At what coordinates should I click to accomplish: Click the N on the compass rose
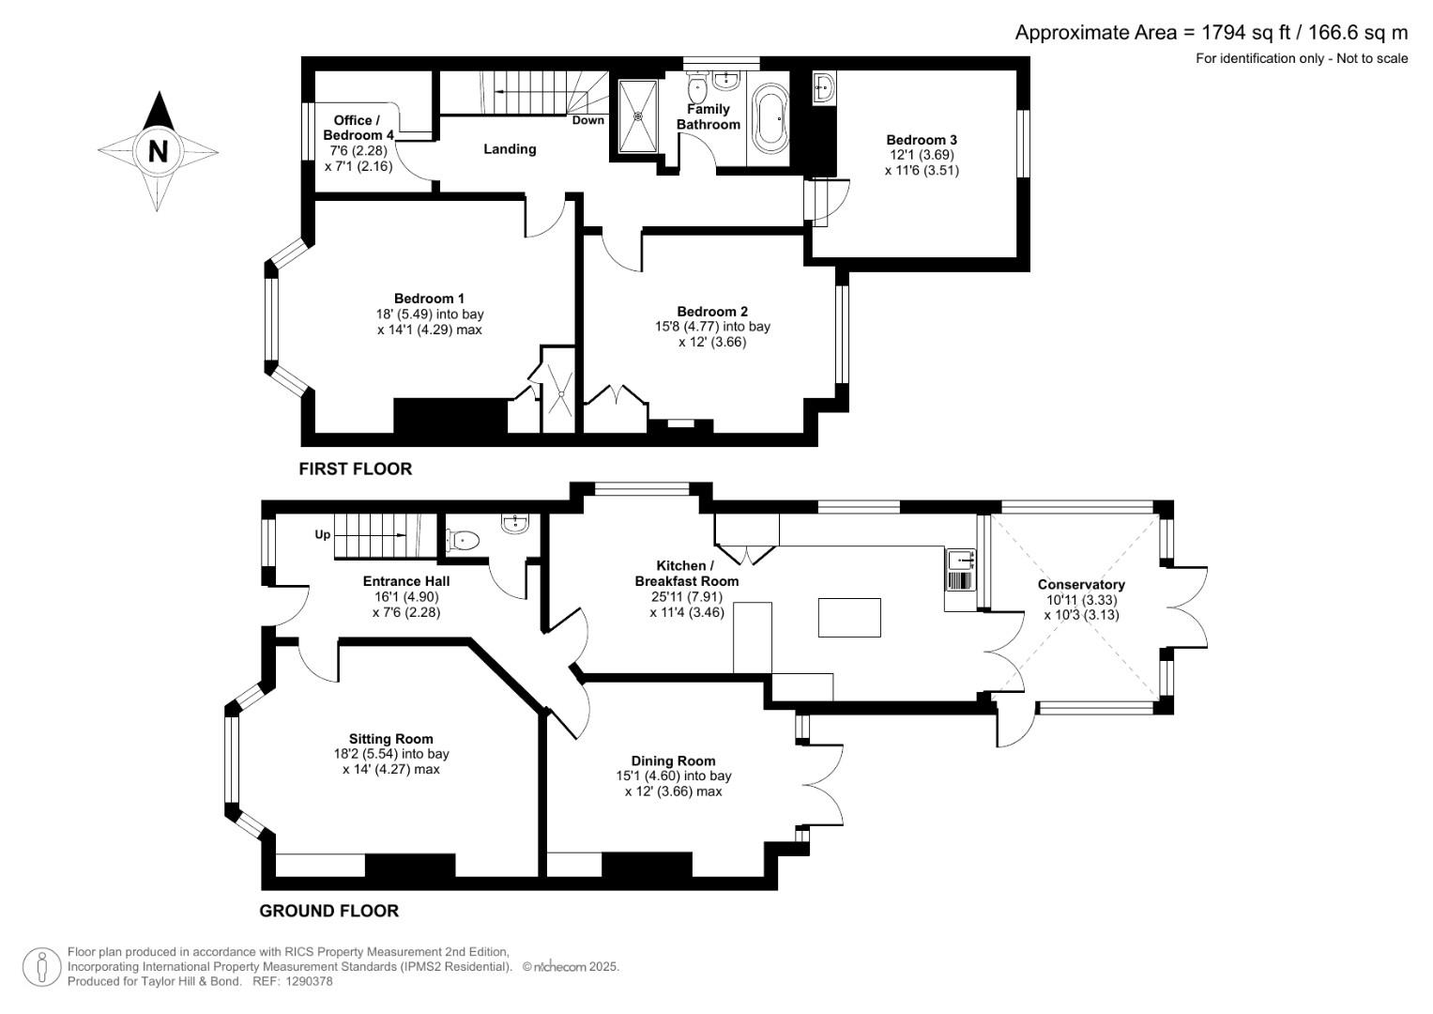(x=158, y=150)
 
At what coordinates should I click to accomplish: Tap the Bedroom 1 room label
(x=429, y=299)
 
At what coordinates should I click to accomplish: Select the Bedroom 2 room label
(x=712, y=312)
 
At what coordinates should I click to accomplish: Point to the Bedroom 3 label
(x=922, y=140)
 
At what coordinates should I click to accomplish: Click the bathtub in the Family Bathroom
(x=773, y=119)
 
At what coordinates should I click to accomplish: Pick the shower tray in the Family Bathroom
(x=639, y=115)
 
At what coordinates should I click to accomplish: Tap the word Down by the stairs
(x=588, y=120)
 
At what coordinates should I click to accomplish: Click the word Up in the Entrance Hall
(x=322, y=535)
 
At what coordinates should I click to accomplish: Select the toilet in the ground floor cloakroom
(x=463, y=540)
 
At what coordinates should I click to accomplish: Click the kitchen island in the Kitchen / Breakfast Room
(x=849, y=618)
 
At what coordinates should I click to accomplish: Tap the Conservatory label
(x=1081, y=584)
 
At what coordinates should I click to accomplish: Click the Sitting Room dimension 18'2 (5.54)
(x=391, y=754)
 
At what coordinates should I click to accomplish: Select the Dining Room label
(x=673, y=760)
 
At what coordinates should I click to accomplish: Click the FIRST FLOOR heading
(x=355, y=469)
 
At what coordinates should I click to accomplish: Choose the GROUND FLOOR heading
(x=328, y=911)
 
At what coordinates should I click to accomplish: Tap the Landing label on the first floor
(x=510, y=149)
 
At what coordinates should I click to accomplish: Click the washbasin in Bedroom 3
(x=824, y=87)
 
